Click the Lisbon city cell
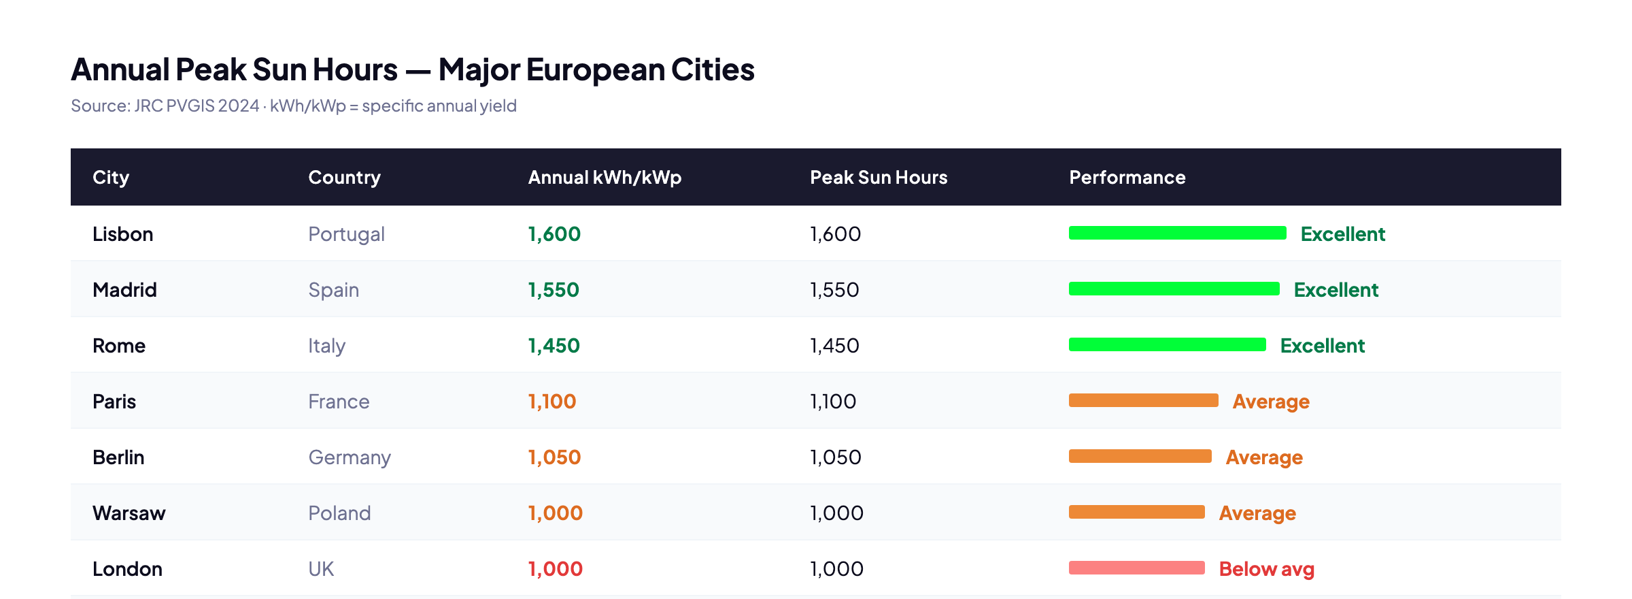click(122, 234)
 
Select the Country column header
click(344, 178)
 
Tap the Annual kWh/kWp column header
click(605, 178)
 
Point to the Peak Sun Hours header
click(879, 178)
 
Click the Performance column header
click(1127, 178)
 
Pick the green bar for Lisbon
click(1177, 233)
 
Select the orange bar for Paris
click(1143, 400)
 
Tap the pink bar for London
click(1136, 568)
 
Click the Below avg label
click(1266, 569)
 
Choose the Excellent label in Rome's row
click(1322, 346)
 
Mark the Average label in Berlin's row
click(1264, 457)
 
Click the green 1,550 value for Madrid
click(554, 290)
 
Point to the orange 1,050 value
click(554, 457)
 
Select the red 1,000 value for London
click(555, 569)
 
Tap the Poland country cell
click(339, 513)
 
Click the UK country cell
click(321, 569)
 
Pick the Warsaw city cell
click(129, 513)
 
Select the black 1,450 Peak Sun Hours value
click(834, 346)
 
